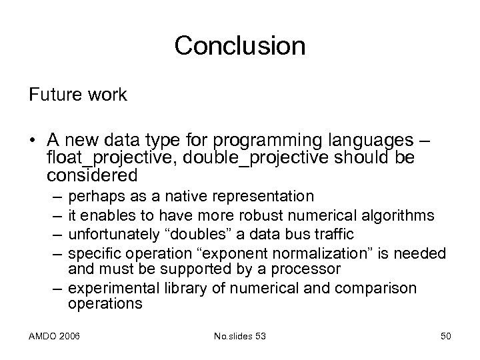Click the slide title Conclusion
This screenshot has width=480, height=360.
(x=239, y=46)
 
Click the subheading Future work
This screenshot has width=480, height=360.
(x=77, y=95)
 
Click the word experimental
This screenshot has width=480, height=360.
(x=107, y=288)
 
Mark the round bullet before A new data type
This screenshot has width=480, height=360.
(x=33, y=141)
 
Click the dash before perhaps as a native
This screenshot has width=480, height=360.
(x=53, y=197)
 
